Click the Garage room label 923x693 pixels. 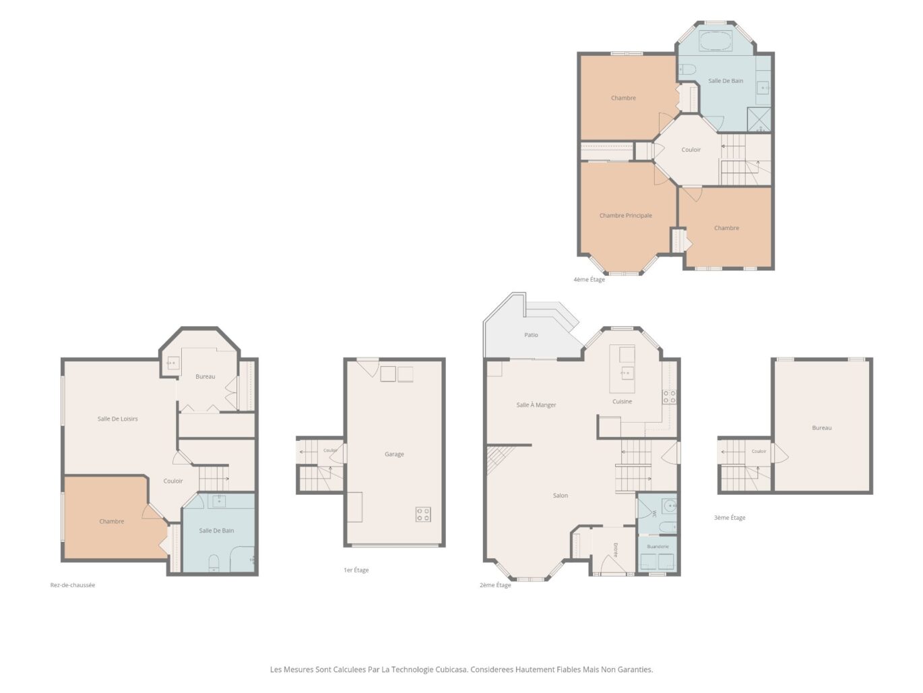click(x=394, y=454)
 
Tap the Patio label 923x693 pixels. click(x=531, y=335)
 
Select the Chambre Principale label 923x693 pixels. click(x=626, y=216)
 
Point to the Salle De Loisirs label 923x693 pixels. click(x=118, y=419)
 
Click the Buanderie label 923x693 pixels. click(x=658, y=547)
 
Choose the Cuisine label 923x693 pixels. click(x=622, y=401)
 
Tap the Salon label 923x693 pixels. click(x=561, y=495)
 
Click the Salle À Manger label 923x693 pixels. click(x=536, y=404)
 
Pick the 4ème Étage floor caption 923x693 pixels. click(x=589, y=279)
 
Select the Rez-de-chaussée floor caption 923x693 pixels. click(x=73, y=585)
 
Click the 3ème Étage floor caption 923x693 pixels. click(x=730, y=518)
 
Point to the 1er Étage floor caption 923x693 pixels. click(x=356, y=570)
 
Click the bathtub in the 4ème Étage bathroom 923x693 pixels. click(x=715, y=41)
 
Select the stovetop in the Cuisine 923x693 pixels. click(x=670, y=397)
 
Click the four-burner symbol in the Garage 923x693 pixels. click(x=423, y=514)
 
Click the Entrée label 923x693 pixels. click(x=615, y=550)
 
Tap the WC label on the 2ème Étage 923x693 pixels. click(x=654, y=514)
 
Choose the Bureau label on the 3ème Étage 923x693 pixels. click(x=822, y=428)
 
